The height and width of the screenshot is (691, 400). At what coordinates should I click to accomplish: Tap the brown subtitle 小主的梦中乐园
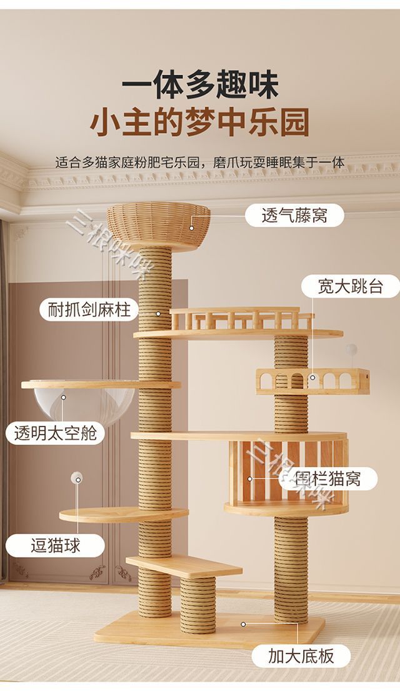pyautogui.click(x=200, y=123)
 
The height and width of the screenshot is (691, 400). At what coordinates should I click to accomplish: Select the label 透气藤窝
pyautogui.click(x=286, y=216)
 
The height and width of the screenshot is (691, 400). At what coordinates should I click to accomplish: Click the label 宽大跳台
pyautogui.click(x=350, y=286)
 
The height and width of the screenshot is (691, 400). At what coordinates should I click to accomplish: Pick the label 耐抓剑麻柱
pyautogui.click(x=89, y=309)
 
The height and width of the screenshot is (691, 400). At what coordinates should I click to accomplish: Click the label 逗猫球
pyautogui.click(x=56, y=545)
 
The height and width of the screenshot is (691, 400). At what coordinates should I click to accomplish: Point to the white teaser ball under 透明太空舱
pyautogui.click(x=77, y=478)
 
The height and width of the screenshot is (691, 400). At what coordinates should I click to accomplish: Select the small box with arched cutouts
pyautogui.click(x=312, y=380)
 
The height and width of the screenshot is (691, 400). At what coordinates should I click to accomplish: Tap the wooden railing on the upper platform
pyautogui.click(x=241, y=319)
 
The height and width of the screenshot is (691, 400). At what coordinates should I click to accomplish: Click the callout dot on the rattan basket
pyautogui.click(x=192, y=219)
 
